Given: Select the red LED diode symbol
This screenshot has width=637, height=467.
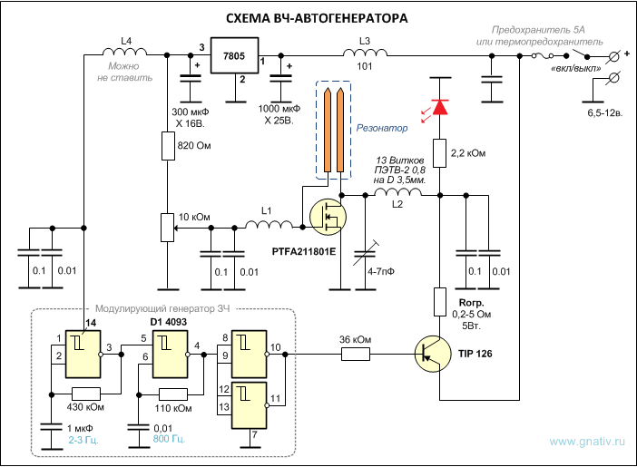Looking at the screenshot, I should coord(440,107).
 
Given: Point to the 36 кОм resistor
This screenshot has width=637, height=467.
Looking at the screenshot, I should coord(357,353).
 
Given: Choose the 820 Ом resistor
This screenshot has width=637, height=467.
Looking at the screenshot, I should coord(168,146).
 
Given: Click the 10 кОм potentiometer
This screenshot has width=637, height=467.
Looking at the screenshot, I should coord(167,226).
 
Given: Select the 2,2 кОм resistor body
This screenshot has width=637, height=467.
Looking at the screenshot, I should coord(440,155).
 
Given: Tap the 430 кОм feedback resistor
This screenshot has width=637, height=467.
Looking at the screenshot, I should coord(86,393).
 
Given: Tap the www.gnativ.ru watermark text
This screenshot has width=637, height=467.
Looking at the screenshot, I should coord(587,443).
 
